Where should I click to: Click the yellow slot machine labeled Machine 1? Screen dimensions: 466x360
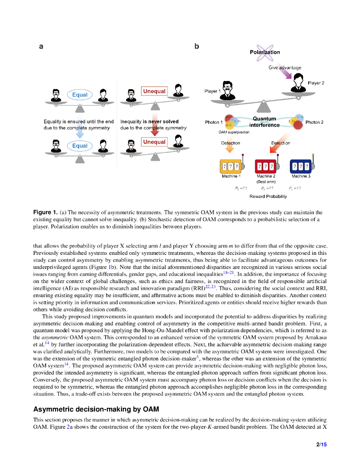click(230, 166)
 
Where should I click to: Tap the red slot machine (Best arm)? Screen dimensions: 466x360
click(265, 166)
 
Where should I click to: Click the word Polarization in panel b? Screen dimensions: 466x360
click(265, 52)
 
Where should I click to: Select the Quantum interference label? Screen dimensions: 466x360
click(264, 122)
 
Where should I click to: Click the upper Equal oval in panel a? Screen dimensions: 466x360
click(80, 95)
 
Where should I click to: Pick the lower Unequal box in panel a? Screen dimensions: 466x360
click(154, 142)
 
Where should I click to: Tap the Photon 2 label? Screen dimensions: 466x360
click(314, 122)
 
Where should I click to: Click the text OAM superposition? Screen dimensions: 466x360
click(234, 132)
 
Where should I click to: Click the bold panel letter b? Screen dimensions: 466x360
click(197, 46)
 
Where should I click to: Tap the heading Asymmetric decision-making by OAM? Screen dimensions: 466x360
click(96, 409)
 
